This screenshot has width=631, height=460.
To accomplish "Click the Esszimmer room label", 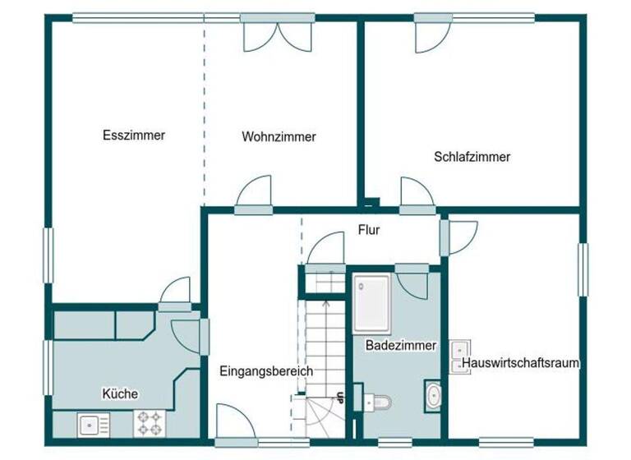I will [x=133, y=136].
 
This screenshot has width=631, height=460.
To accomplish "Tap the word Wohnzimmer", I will [x=279, y=137].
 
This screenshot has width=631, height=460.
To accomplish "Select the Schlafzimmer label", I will [x=472, y=156].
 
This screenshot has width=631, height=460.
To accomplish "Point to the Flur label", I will [x=368, y=231].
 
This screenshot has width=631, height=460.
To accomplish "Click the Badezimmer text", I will [x=400, y=346].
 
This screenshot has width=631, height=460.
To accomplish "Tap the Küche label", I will [x=120, y=393].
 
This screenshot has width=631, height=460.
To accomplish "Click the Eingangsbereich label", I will [x=266, y=371].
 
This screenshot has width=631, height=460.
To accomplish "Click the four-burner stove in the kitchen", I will [x=149, y=423].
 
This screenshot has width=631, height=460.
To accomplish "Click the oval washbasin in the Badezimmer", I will [x=433, y=395].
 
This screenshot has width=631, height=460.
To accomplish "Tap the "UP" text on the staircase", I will [x=339, y=398].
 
